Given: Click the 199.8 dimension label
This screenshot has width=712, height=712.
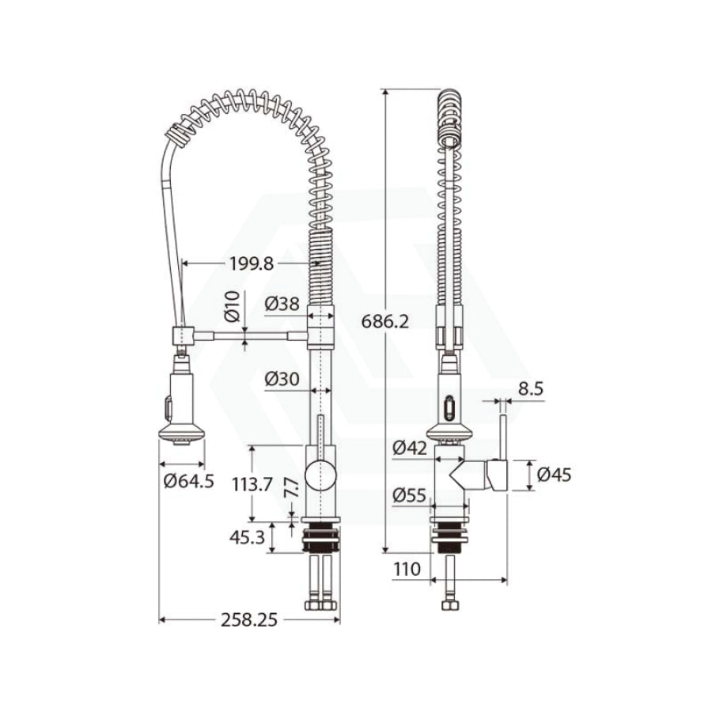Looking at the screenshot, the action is point(252,263).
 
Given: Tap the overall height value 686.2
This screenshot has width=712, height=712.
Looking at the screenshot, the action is point(385,321).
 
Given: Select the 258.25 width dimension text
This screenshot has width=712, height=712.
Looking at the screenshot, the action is point(249,619).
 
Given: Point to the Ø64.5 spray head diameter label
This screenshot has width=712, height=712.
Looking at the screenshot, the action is point(189,480).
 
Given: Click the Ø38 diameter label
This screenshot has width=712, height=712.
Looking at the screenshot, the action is point(282,303).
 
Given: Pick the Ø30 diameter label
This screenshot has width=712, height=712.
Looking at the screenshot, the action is point(282,378).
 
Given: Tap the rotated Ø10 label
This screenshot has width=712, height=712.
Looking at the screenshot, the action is point(232,306).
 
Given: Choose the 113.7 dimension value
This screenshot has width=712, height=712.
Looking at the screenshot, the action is point(252,484).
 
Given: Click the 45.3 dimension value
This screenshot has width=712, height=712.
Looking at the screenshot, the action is point(247,538).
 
